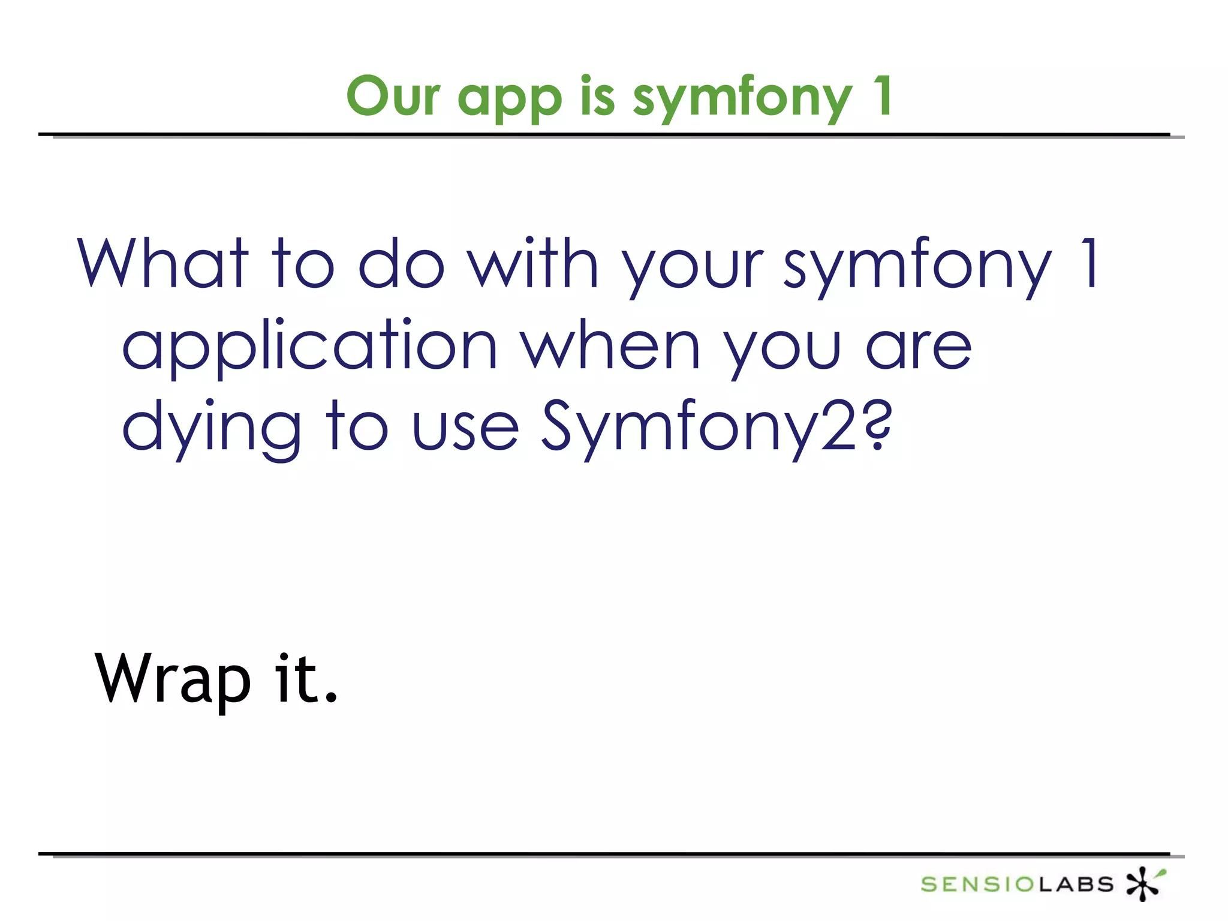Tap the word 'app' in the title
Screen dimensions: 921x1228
510,99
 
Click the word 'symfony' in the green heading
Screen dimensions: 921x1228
742,99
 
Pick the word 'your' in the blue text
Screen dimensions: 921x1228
692,269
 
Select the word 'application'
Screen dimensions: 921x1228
309,348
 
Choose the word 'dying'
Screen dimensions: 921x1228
211,429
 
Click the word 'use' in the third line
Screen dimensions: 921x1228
465,429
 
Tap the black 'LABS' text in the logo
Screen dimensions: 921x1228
1076,884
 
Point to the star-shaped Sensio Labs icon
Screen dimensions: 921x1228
1144,883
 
